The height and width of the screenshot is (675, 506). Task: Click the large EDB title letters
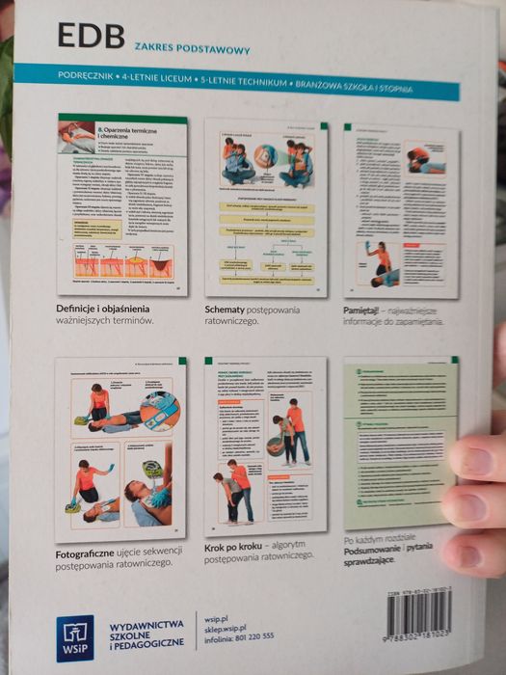pyautogui.click(x=91, y=37)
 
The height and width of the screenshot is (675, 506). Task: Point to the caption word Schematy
pyautogui.click(x=227, y=309)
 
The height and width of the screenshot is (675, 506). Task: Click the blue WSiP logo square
pyautogui.click(x=75, y=637)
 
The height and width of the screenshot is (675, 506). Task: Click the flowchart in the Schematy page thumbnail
pyautogui.click(x=265, y=241)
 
